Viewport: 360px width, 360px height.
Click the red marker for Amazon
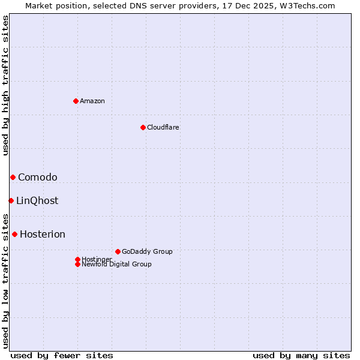[x=76, y=101]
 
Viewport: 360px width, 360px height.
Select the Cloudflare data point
[x=143, y=127]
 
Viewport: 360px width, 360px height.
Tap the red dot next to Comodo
[x=13, y=177]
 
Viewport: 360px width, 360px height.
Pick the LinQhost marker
[x=11, y=200]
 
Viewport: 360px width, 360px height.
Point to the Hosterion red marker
[x=14, y=234]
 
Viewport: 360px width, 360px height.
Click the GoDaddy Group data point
[x=118, y=251]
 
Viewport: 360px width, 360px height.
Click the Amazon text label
[x=92, y=101]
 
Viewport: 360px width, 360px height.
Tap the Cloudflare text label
[x=163, y=127]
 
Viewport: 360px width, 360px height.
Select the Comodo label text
[x=38, y=177]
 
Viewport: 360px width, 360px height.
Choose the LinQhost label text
[x=37, y=200]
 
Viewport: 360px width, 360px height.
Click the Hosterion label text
[x=43, y=234]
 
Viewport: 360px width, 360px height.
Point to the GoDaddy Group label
[x=147, y=251]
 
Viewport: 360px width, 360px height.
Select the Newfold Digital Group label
[x=117, y=264]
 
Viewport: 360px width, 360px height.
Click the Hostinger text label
[x=97, y=259]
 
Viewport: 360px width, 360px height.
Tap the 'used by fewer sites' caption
[x=62, y=355]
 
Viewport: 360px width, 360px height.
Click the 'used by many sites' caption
[x=301, y=355]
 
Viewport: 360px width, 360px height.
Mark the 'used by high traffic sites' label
[x=5, y=85]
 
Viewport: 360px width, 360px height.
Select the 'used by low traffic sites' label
[x=5, y=281]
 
